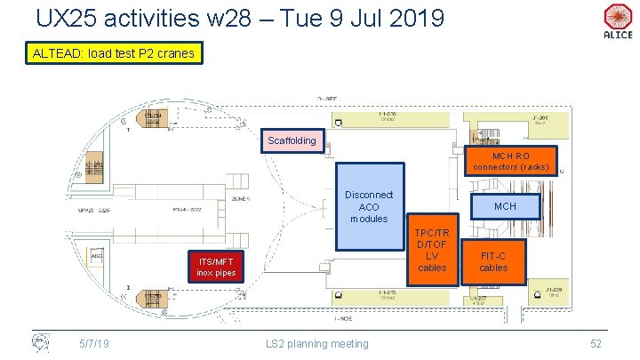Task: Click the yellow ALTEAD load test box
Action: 112,54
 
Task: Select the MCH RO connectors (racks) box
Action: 511,160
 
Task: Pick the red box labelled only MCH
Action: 505,206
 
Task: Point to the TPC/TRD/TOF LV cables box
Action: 432,250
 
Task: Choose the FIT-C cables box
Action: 493,260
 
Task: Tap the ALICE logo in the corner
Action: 617,21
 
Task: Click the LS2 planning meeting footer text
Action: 317,343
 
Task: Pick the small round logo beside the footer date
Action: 40,341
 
